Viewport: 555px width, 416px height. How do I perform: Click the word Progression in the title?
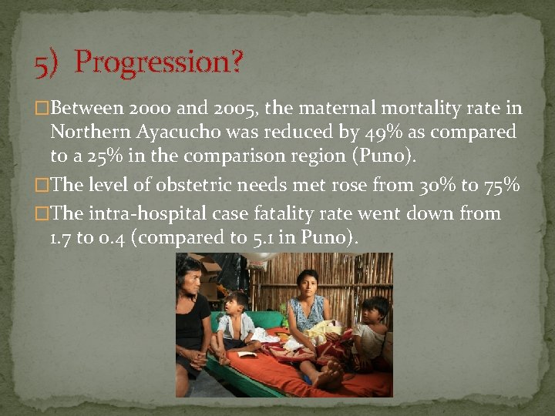point(159,62)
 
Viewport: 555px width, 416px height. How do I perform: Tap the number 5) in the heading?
point(47,64)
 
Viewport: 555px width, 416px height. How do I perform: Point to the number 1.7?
point(61,237)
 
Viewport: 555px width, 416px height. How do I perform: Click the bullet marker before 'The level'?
point(42,186)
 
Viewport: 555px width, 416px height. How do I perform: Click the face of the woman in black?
point(190,275)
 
